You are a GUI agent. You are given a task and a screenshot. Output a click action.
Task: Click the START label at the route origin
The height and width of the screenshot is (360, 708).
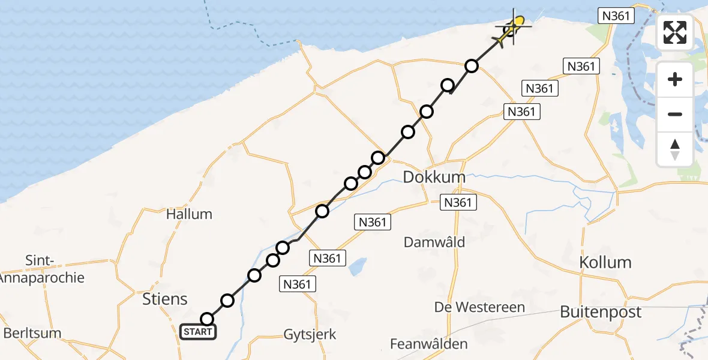pyautogui.click(x=198, y=332)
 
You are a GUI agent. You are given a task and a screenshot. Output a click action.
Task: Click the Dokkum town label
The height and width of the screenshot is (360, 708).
pyautogui.click(x=434, y=178)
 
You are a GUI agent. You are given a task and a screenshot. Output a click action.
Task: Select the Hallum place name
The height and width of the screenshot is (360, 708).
pyautogui.click(x=189, y=214)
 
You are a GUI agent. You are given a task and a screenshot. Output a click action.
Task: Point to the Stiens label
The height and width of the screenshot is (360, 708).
pyautogui.click(x=164, y=299)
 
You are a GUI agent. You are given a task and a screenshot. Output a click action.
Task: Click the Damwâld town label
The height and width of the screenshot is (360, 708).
pyautogui.click(x=434, y=242)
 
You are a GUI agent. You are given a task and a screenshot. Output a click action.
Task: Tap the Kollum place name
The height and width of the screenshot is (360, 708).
pyautogui.click(x=605, y=262)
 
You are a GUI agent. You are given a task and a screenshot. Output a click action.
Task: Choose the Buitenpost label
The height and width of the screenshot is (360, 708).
pyautogui.click(x=601, y=312)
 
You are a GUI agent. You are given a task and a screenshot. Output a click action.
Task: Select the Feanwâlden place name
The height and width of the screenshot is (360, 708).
pyautogui.click(x=429, y=344)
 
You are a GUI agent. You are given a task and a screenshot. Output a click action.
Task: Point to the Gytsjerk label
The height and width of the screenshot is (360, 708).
pyautogui.click(x=311, y=335)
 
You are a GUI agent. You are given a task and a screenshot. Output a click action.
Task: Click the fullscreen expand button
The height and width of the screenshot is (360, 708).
pyautogui.click(x=675, y=32)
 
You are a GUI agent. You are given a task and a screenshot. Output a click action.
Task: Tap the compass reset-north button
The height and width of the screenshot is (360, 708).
pyautogui.click(x=675, y=149)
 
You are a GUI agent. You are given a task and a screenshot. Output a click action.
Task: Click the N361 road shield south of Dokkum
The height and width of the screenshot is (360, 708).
pyautogui.click(x=458, y=203)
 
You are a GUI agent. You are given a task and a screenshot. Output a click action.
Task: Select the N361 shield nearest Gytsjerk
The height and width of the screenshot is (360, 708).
pyautogui.click(x=298, y=284)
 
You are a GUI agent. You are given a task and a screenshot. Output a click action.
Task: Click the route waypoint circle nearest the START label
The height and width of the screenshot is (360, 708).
pyautogui.click(x=207, y=319)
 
